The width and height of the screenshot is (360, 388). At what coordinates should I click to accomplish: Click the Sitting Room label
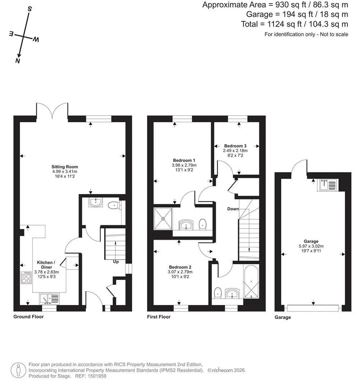coord(64,167)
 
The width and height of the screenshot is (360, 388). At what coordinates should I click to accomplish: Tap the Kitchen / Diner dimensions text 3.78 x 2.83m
coord(47,272)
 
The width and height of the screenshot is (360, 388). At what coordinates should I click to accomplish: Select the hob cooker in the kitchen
coord(26,278)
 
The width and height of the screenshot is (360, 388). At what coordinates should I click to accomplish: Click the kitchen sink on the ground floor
coord(49,299)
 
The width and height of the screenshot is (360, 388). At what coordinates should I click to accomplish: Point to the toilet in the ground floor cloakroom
coord(115,205)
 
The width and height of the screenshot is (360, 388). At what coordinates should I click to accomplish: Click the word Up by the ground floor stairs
coord(116,262)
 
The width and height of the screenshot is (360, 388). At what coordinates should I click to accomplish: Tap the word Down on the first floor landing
coord(233,209)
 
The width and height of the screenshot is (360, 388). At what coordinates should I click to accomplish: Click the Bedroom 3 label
coord(235,146)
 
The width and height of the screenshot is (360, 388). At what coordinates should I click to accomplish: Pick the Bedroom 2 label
coord(180,267)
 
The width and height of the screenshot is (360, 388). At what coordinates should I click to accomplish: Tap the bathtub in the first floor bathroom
coord(251,282)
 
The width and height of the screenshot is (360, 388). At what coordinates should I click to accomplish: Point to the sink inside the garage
coord(328,185)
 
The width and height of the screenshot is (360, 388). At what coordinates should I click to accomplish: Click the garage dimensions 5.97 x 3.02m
coord(311,246)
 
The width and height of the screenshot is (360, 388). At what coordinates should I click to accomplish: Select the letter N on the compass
coord(17,61)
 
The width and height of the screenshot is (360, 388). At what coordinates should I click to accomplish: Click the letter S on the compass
coord(30,9)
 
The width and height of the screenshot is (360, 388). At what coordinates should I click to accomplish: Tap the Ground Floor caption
coord(28,317)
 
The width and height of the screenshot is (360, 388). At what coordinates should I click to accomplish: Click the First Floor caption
coord(159,317)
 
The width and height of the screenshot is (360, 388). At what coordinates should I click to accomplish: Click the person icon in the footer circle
coord(18,371)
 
